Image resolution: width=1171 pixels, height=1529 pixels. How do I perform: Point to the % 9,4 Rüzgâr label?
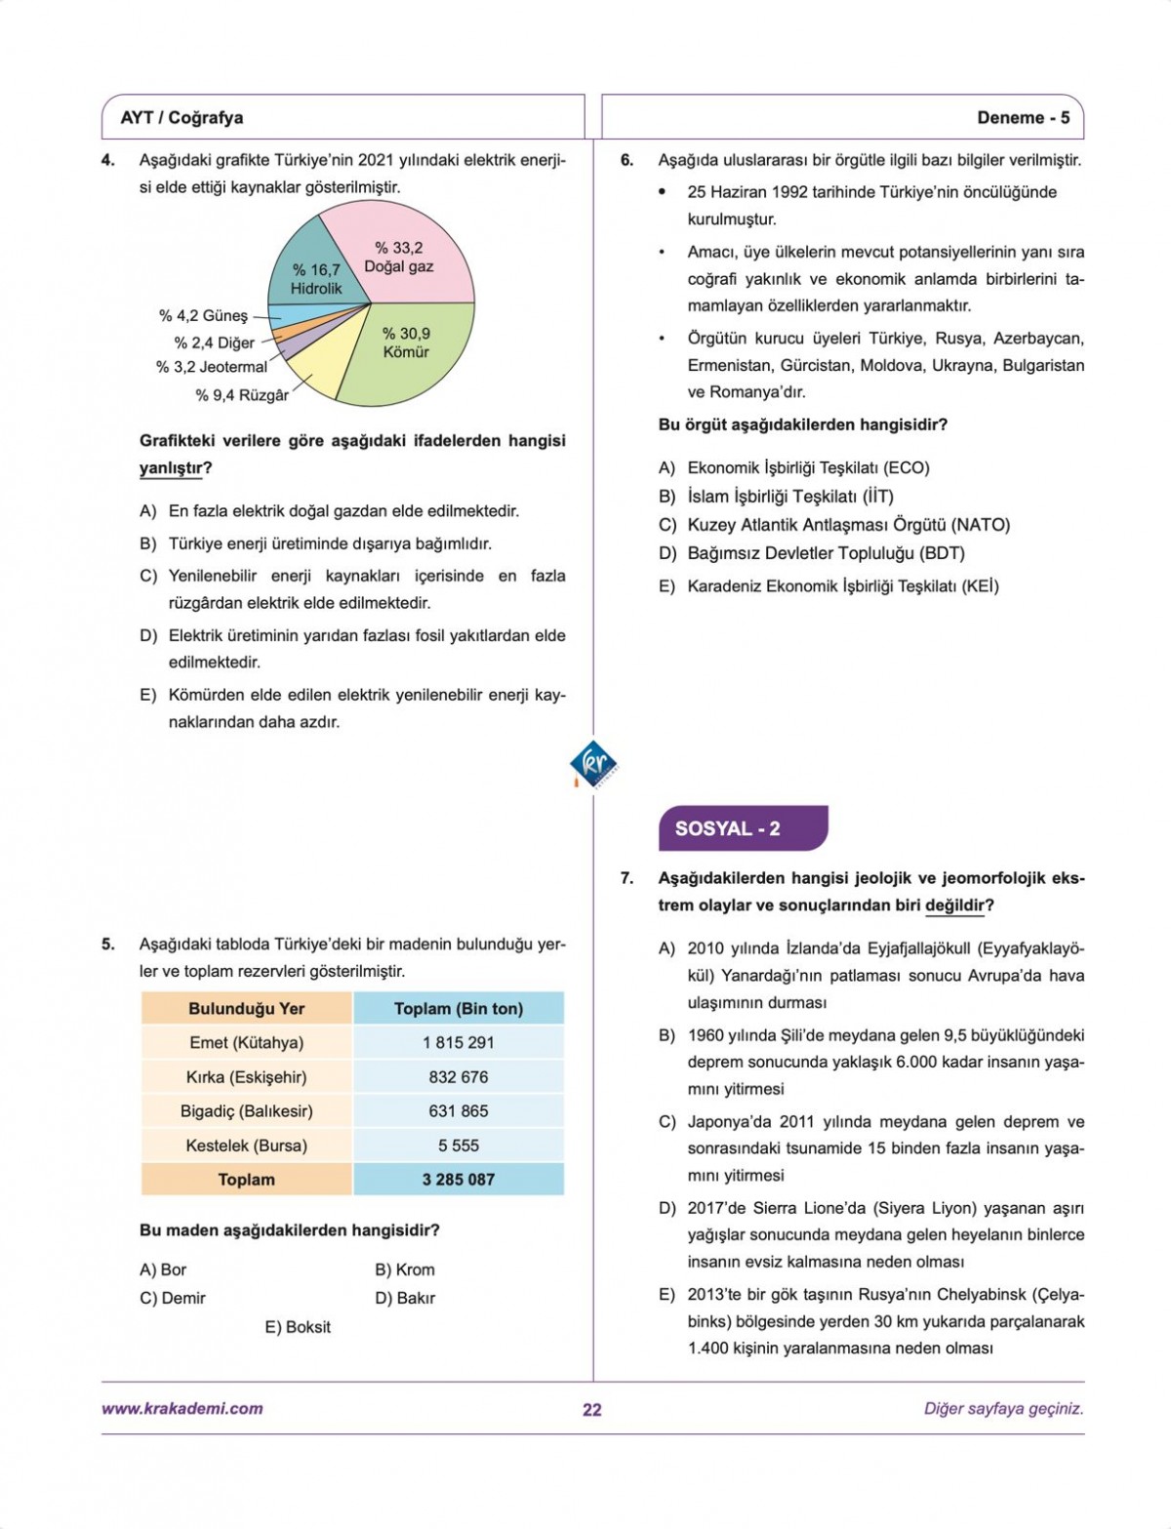(242, 395)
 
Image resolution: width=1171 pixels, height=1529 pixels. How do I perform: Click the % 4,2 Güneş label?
(203, 316)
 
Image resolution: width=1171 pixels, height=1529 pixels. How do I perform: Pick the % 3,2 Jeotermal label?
(211, 368)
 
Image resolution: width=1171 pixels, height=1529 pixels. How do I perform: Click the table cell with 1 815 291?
(458, 1042)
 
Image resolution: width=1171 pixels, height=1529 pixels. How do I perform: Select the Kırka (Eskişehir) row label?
(246, 1077)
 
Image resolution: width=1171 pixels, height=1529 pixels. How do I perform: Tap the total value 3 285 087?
(458, 1180)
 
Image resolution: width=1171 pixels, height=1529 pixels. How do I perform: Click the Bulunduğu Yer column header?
(246, 1009)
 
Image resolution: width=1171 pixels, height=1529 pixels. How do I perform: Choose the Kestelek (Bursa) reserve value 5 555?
(458, 1146)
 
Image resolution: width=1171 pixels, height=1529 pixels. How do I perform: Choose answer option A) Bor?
(163, 1269)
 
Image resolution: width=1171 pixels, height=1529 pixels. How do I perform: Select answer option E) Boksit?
(298, 1327)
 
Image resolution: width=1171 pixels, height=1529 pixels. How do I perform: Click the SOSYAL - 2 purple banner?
(742, 828)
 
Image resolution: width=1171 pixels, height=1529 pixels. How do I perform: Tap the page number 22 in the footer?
(591, 1409)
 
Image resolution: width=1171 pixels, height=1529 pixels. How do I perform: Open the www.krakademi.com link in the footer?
(182, 1408)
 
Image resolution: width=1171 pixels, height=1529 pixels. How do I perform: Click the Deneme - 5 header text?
(1023, 118)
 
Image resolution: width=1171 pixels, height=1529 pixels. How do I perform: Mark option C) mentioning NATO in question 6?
(834, 525)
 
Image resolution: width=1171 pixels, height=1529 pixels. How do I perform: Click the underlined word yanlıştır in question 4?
(172, 468)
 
